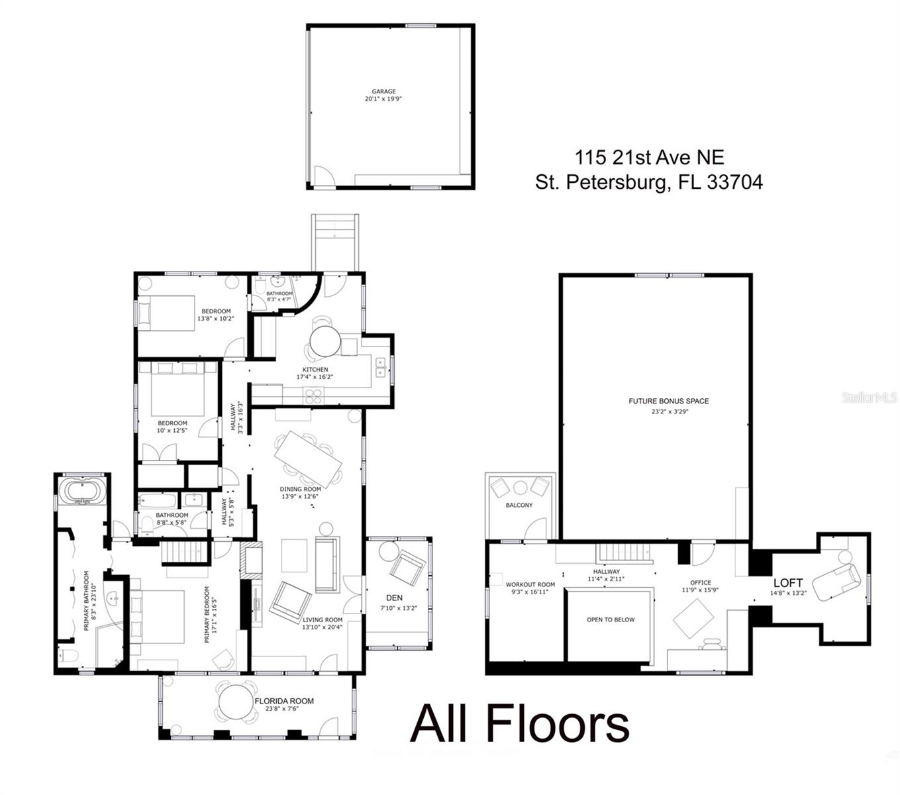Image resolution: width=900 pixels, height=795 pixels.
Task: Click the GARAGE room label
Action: tap(383, 91)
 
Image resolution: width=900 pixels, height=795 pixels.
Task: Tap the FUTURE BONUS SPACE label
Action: tap(668, 401)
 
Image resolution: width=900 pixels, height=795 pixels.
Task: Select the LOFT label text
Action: tap(787, 583)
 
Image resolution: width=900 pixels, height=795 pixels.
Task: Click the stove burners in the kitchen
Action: tap(313, 396)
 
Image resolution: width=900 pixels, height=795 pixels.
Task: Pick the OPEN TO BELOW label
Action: tap(610, 620)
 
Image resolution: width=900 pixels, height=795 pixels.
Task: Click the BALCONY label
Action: tap(519, 505)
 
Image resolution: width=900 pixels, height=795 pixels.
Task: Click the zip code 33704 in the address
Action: tap(734, 182)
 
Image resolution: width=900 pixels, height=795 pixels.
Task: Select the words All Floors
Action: tap(519, 724)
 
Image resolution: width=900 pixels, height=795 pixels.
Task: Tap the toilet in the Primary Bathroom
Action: tap(68, 656)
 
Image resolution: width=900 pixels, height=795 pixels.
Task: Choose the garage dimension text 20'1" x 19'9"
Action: tap(383, 99)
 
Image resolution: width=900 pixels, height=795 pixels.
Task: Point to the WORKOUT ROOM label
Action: tap(530, 585)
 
